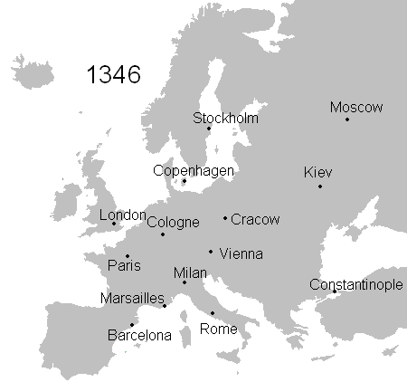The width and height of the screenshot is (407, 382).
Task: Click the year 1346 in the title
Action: pos(113,74)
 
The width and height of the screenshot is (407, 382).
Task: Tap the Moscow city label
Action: pos(356,107)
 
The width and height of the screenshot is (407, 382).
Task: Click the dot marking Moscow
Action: pos(347,119)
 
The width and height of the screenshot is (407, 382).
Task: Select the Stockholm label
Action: pos(226,118)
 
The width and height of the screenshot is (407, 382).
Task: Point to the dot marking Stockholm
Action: pos(209,129)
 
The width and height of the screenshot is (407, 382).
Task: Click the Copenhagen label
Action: pos(194,169)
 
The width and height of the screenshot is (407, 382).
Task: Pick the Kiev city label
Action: pos(318,172)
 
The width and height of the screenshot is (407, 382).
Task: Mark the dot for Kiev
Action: pos(320,186)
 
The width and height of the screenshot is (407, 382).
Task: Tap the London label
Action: pos(122,215)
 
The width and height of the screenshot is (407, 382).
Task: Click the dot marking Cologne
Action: pos(163,234)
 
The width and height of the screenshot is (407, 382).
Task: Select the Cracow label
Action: pos(256,219)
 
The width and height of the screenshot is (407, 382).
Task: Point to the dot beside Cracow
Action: pos(225,218)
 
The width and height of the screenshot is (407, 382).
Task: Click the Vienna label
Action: pos(241,253)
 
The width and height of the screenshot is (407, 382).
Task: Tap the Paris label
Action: pos(124,266)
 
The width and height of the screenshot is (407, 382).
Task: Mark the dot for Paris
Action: pos(128,256)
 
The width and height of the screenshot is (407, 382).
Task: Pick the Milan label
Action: pos(190,272)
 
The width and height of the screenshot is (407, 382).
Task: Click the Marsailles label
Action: pos(133,298)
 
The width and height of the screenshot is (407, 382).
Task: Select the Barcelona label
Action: pos(139,335)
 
